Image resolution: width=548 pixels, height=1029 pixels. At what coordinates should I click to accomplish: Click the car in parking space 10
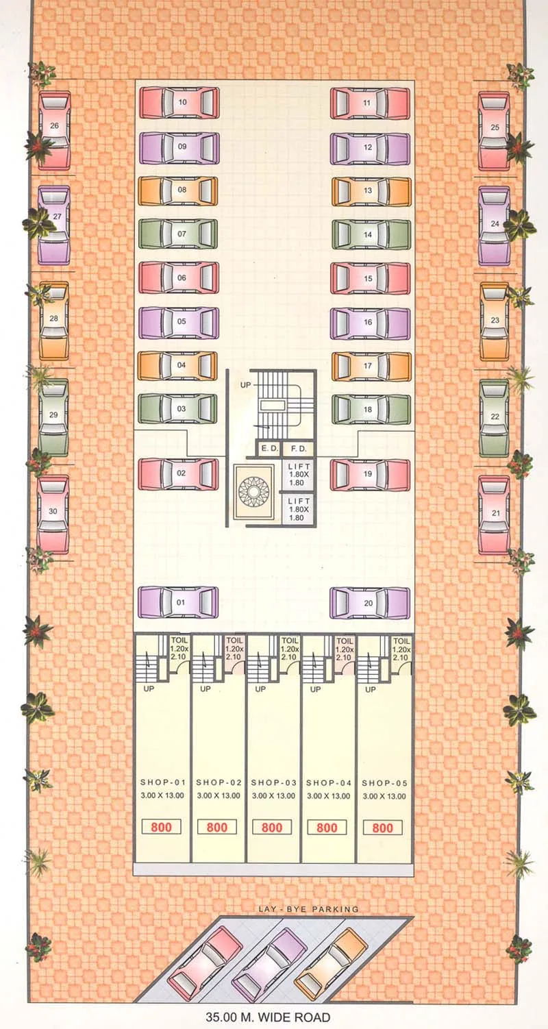pos(179,103)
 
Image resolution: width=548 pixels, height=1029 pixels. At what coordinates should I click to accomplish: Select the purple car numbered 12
pos(370,148)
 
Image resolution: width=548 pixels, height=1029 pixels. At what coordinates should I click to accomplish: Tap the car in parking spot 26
pos(54,130)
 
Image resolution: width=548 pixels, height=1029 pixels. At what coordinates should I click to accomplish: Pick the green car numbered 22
pos(494,417)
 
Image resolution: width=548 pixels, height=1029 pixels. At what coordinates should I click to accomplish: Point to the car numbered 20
pos(370,603)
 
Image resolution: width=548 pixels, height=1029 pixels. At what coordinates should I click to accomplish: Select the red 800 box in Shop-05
pos(382,828)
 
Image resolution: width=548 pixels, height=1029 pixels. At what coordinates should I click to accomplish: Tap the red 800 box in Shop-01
pos(162,827)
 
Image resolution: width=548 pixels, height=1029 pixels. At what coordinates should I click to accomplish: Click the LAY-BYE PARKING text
pos(308,909)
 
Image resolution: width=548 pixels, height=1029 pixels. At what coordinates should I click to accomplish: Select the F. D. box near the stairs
pos(298,449)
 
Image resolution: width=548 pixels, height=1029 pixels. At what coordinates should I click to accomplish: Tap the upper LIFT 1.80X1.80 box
pos(299,475)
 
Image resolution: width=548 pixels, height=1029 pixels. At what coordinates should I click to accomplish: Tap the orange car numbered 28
pos(54,321)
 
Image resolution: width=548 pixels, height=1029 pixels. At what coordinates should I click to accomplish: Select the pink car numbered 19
pos(370,475)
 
